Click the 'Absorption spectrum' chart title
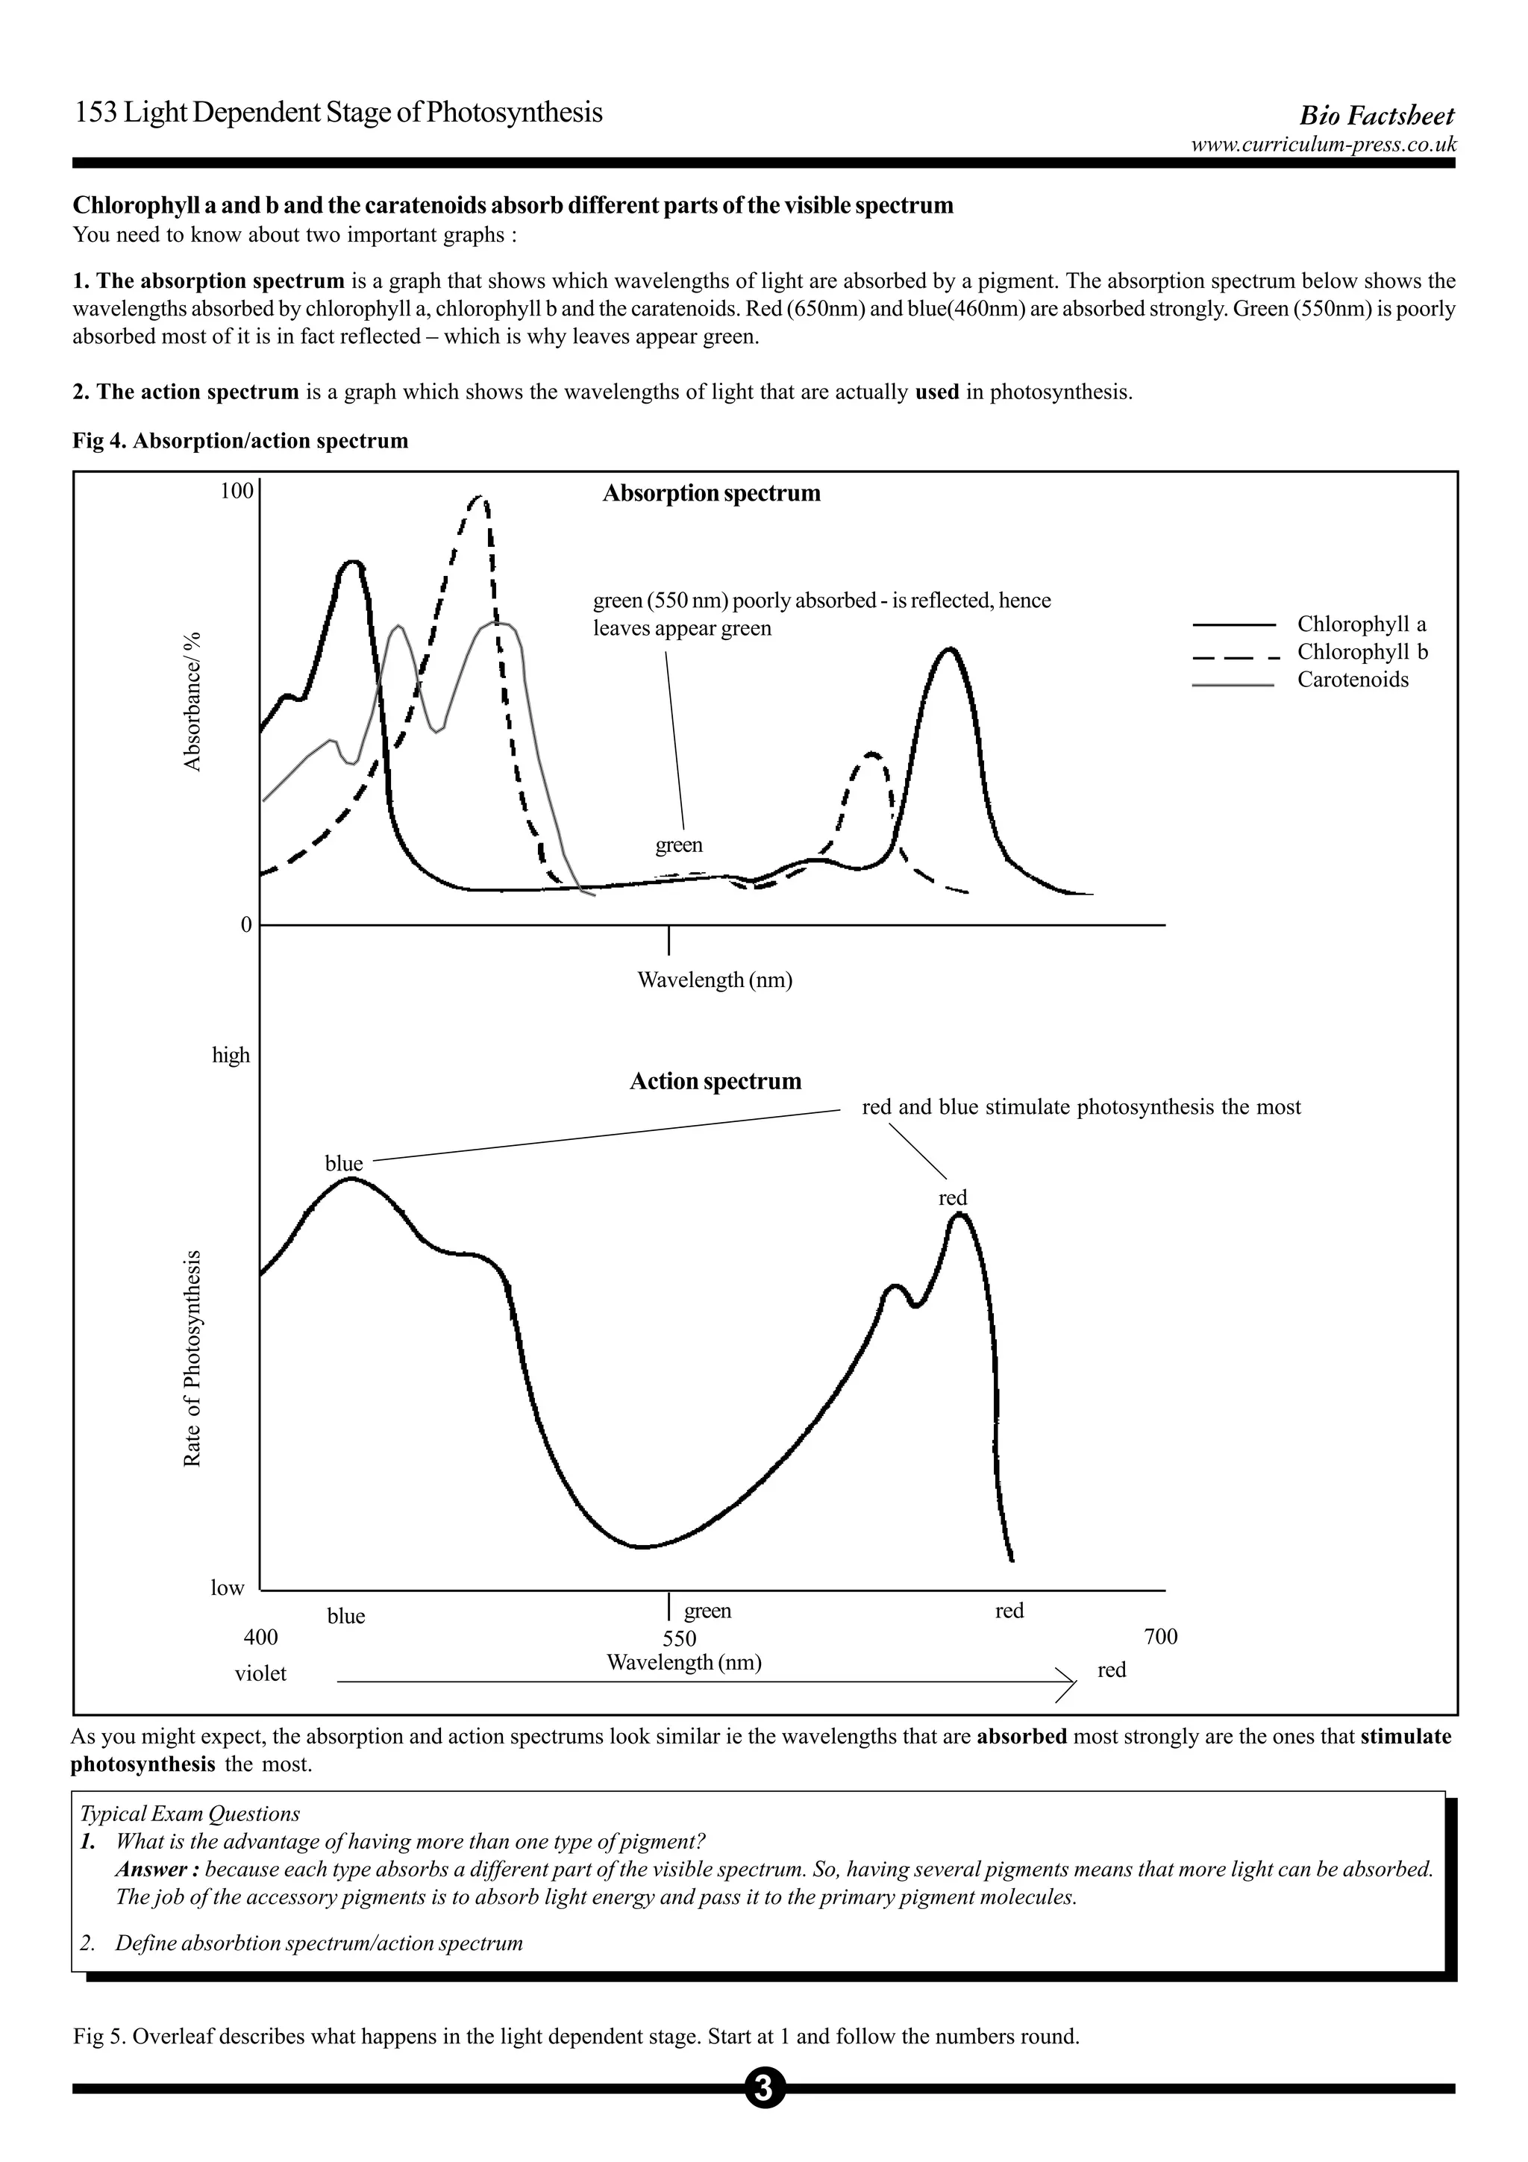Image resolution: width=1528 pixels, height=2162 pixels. pyautogui.click(x=711, y=493)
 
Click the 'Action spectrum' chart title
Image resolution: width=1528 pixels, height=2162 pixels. pyautogui.click(x=716, y=1081)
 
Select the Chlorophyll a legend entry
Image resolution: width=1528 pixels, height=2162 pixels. pyautogui.click(x=1360, y=624)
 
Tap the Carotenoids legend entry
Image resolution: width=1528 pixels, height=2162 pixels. pyautogui.click(x=1352, y=680)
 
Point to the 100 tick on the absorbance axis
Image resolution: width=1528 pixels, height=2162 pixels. pyautogui.click(x=237, y=491)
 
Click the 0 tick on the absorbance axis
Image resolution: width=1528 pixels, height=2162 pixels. pyautogui.click(x=247, y=924)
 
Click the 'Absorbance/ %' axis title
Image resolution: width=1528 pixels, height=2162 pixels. pyautogui.click(x=193, y=701)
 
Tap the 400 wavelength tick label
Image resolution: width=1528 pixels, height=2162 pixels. pyautogui.click(x=261, y=1637)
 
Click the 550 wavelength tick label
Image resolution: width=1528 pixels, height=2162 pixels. pyautogui.click(x=679, y=1638)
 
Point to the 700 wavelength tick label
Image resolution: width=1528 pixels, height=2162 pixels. pyautogui.click(x=1160, y=1637)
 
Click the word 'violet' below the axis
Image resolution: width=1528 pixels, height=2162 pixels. pyautogui.click(x=261, y=1673)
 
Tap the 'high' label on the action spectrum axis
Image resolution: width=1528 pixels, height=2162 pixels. pyautogui.click(x=231, y=1055)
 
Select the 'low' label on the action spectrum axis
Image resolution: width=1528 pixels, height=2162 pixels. pyautogui.click(x=227, y=1588)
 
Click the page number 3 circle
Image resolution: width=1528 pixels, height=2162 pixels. pyautogui.click(x=763, y=2089)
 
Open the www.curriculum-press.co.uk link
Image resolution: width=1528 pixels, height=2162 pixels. pyautogui.click(x=1323, y=144)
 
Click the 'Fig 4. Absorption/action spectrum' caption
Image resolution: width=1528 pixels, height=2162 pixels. pyautogui.click(x=240, y=441)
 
